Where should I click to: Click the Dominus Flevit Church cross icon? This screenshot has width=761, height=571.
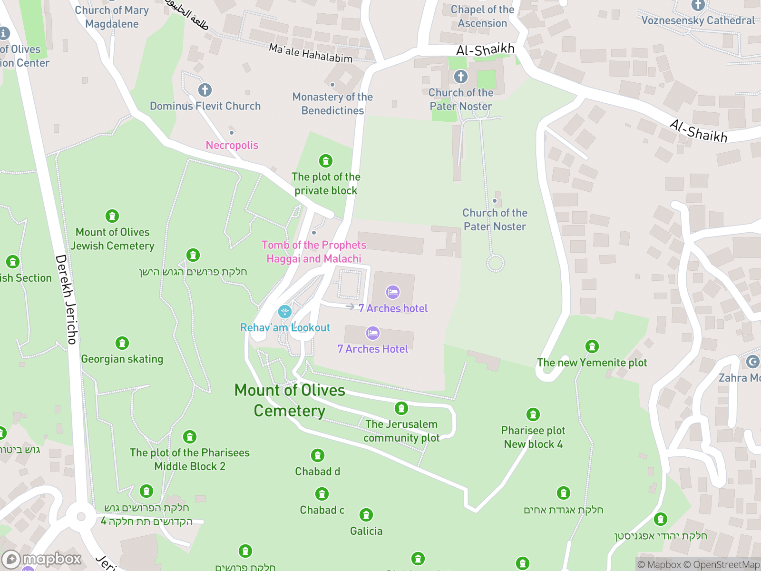point(205,90)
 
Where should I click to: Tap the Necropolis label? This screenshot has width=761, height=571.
point(232,145)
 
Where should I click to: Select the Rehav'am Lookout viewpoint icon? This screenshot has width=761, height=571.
point(284,312)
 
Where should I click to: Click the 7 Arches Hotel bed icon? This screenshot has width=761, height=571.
point(373,333)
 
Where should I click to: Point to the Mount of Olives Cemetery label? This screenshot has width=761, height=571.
point(290,400)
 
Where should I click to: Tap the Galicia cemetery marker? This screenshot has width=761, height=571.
point(366,515)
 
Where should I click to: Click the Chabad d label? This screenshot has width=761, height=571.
point(317,472)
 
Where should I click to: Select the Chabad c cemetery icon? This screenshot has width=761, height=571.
point(322,494)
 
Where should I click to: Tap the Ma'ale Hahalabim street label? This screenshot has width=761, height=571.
point(311,53)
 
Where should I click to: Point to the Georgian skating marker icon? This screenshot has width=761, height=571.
point(122,343)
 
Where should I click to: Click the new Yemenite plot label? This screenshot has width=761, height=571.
point(592,363)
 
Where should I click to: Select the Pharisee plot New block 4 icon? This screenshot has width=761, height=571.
point(533,414)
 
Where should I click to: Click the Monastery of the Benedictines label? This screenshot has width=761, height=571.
point(332,104)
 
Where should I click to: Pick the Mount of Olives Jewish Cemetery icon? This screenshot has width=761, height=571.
point(112,216)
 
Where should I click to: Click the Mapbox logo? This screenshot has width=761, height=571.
point(42,559)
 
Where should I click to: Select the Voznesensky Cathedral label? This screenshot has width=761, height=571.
point(698,20)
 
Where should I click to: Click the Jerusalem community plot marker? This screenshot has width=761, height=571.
point(401,408)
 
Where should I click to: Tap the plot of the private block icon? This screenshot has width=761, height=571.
point(326,161)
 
